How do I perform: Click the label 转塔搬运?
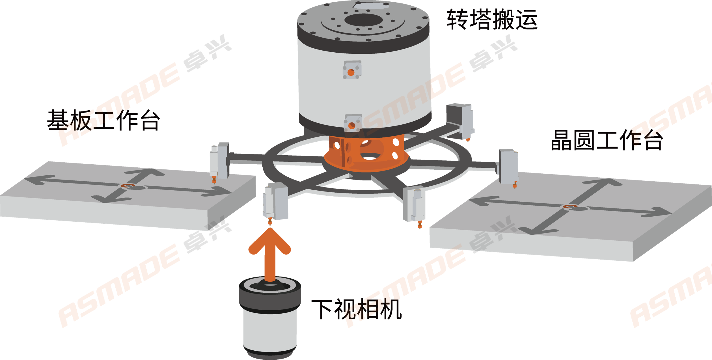[x=492, y=19]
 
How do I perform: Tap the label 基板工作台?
[x=103, y=120]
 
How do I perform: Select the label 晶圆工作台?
[x=607, y=140]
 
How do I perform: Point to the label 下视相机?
[x=357, y=309]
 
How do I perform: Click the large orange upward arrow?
[x=270, y=255]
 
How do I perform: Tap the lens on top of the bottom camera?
[x=270, y=286]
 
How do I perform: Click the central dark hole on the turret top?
[x=364, y=20]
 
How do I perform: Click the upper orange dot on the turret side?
[x=351, y=72]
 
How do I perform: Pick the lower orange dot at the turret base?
[x=352, y=126]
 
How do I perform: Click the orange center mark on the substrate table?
[x=128, y=186]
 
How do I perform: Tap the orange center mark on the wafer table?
[x=570, y=207]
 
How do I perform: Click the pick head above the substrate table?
[x=219, y=163]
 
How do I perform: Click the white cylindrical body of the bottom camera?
[x=270, y=331]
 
